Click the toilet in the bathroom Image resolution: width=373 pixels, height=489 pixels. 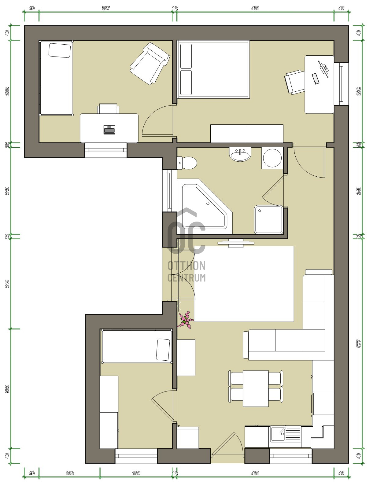point(187,163)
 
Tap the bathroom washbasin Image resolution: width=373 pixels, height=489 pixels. point(240,154)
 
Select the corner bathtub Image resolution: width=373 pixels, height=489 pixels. point(205,206)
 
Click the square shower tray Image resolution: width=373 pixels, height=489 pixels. point(269,220)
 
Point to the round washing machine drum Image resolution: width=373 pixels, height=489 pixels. point(272,158)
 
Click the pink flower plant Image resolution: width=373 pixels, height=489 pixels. point(186,320)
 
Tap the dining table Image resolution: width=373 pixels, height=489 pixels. point(256,388)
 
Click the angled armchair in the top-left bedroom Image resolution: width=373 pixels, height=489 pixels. point(150,64)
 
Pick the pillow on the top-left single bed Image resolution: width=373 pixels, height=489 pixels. point(60,50)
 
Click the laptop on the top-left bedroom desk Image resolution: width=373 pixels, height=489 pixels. point(109,130)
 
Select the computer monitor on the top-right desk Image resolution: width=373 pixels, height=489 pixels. point(323,69)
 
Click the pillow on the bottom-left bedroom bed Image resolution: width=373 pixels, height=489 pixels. point(163,350)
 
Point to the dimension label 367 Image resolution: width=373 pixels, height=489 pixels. point(105,8)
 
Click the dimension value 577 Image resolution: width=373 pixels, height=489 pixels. point(359,344)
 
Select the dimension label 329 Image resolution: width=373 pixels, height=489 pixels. point(7,389)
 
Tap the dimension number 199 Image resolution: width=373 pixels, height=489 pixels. point(136,473)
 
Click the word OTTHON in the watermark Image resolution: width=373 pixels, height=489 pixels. point(186,266)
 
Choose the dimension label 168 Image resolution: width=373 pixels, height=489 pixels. point(69,473)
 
